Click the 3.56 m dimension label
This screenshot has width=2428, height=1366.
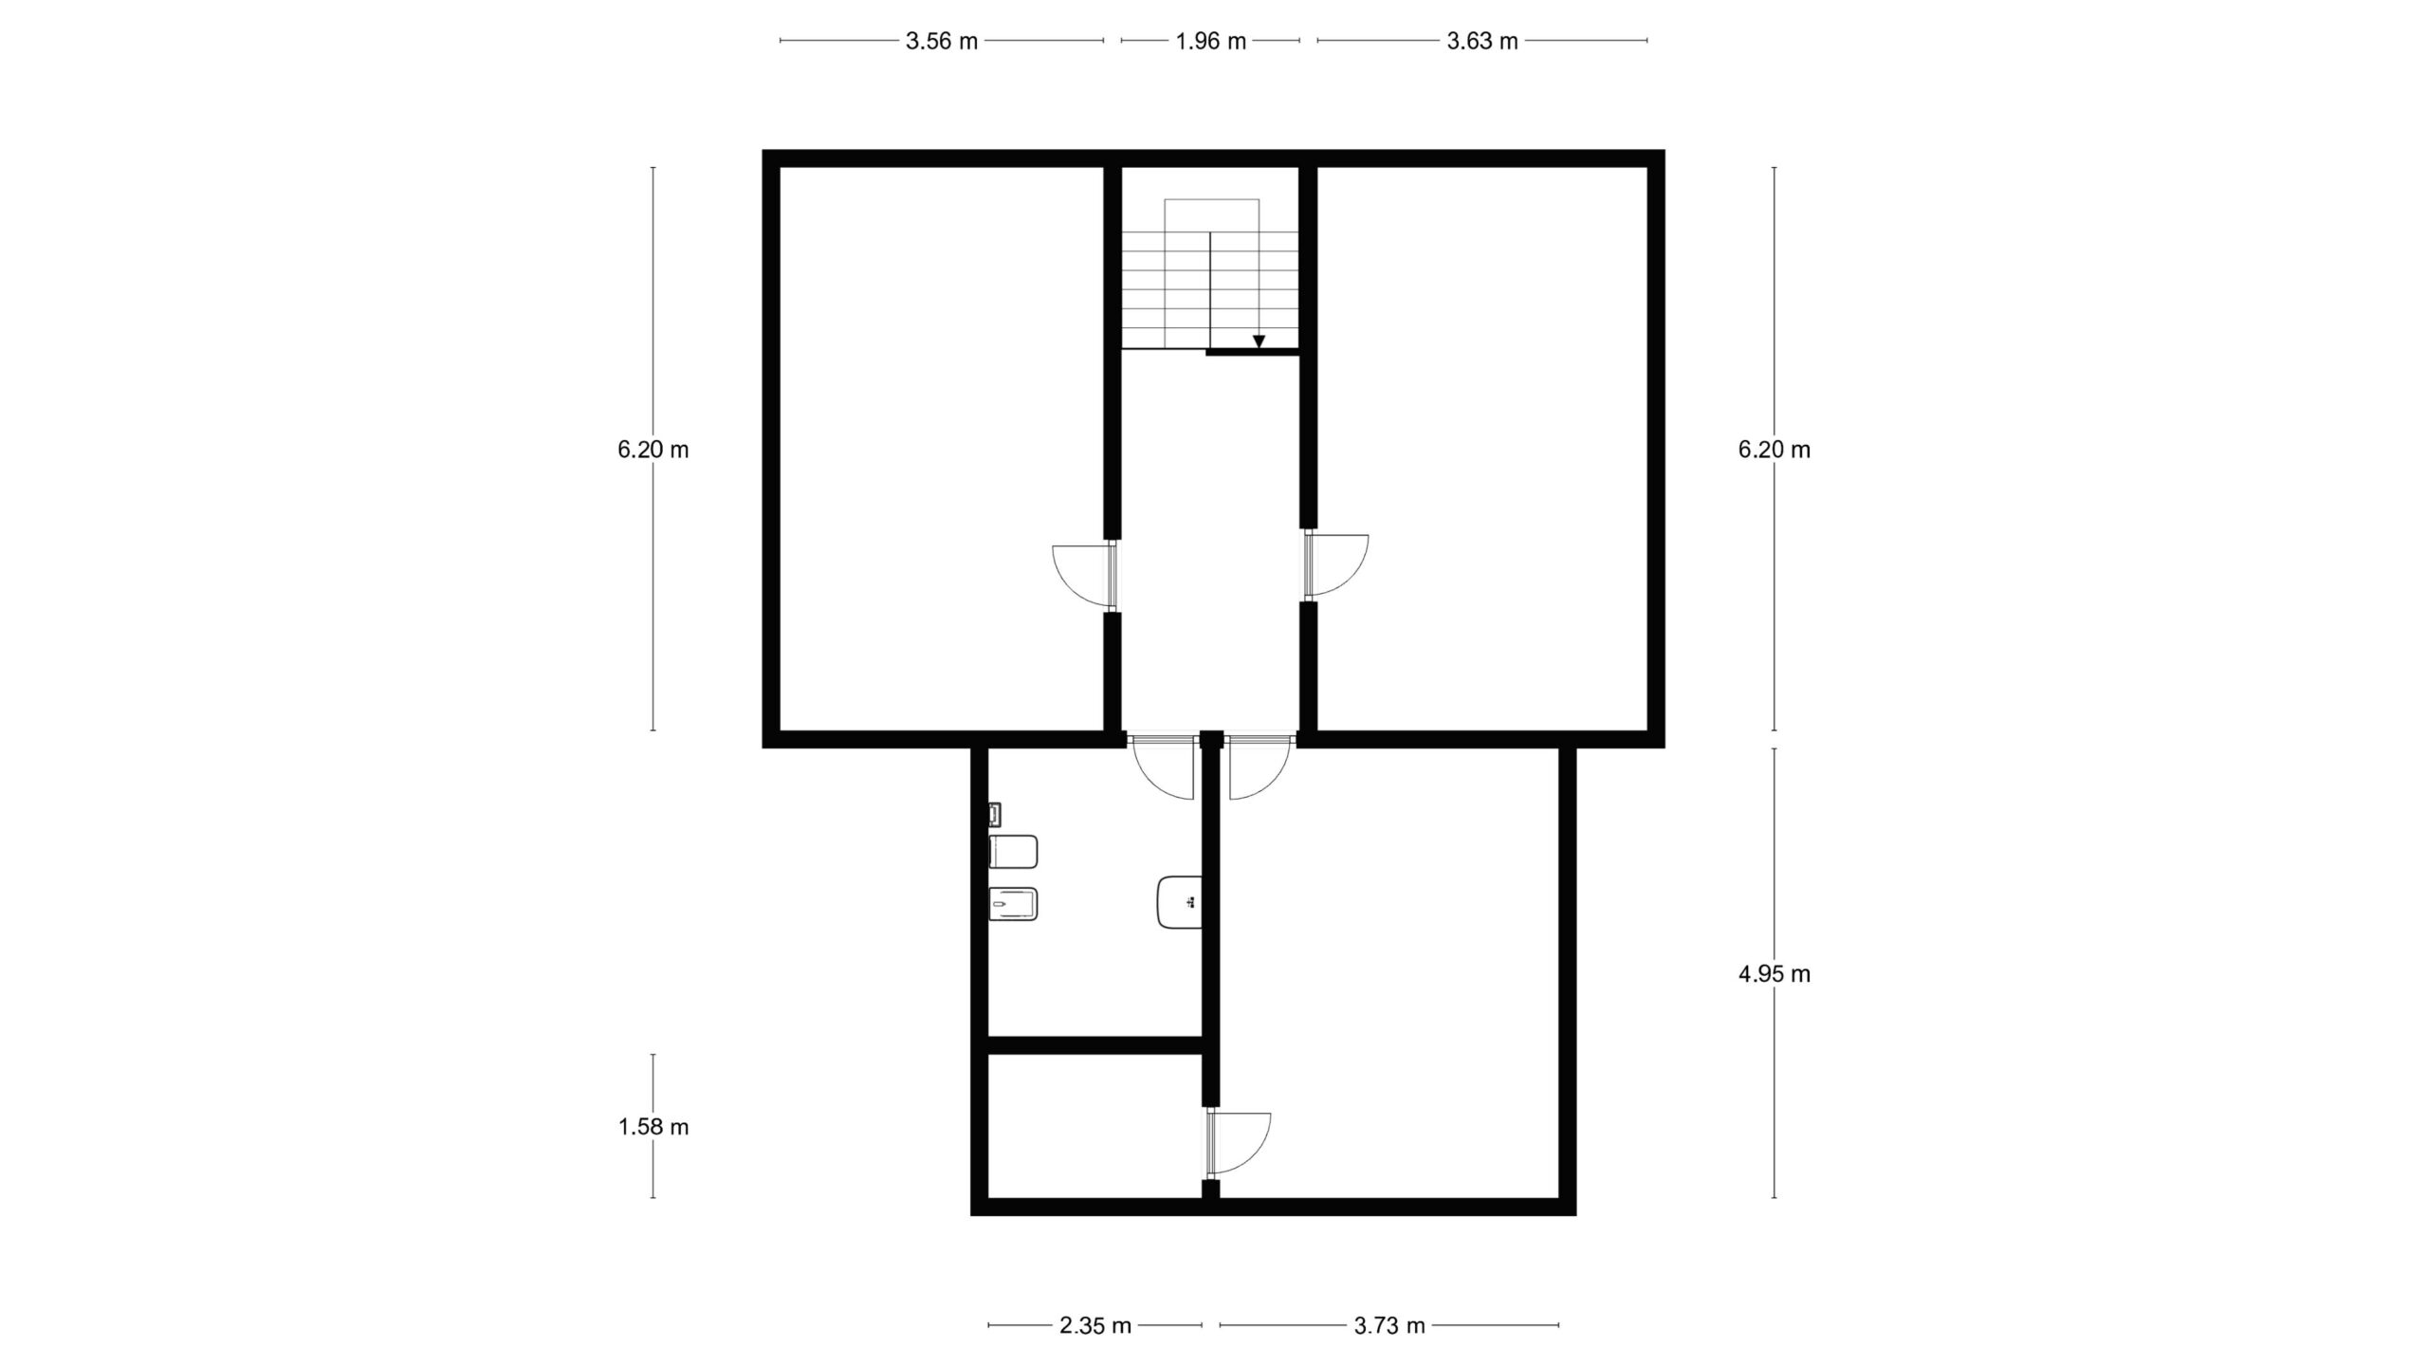[x=941, y=41]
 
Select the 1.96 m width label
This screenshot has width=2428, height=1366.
[x=1210, y=41]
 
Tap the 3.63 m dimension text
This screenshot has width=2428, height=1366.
[x=1481, y=41]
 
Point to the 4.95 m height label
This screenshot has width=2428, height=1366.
[x=1774, y=973]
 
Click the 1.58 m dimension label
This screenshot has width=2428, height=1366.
[x=653, y=1127]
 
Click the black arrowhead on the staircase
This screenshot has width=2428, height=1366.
[x=1259, y=341]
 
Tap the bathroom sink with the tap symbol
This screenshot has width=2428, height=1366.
[x=1180, y=902]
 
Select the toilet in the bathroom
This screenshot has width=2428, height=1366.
[x=1013, y=851]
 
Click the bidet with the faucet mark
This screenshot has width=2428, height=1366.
[x=1013, y=904]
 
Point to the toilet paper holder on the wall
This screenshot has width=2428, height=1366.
[x=995, y=814]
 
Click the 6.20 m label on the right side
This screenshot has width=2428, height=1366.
[x=1774, y=450]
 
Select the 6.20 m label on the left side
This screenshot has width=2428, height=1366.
[x=653, y=450]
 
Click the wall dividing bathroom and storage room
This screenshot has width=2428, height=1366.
[x=1095, y=1045]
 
